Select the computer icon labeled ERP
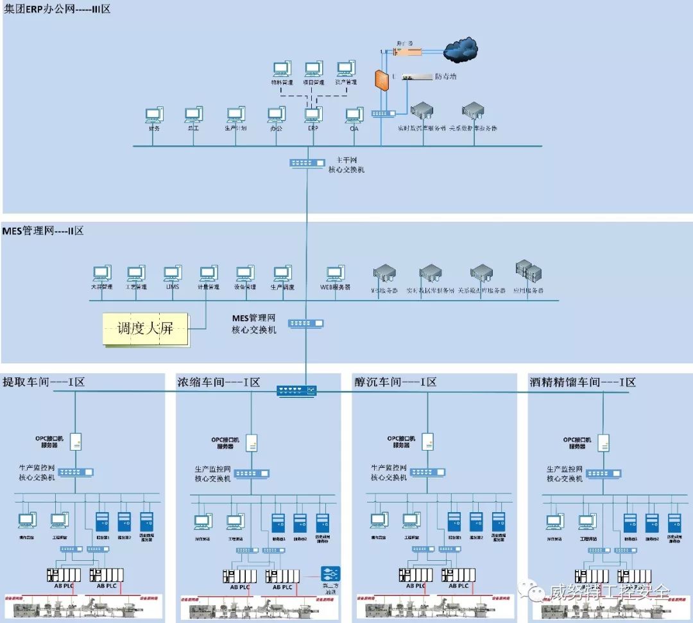[313, 115]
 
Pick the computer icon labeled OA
[354, 115]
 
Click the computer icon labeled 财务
[153, 115]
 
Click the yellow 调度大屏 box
[146, 329]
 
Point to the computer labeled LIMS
[172, 274]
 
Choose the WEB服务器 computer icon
[334, 274]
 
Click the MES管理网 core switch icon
[305, 324]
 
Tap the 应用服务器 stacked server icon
[526, 272]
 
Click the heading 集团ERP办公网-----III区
[57, 10]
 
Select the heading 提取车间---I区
[44, 383]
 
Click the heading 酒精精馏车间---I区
[583, 383]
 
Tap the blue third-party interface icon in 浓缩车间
[330, 574]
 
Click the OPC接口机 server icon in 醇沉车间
[428, 442]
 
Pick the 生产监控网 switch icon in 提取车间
[75, 473]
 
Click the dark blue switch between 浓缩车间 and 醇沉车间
[296, 390]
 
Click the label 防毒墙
[445, 77]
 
